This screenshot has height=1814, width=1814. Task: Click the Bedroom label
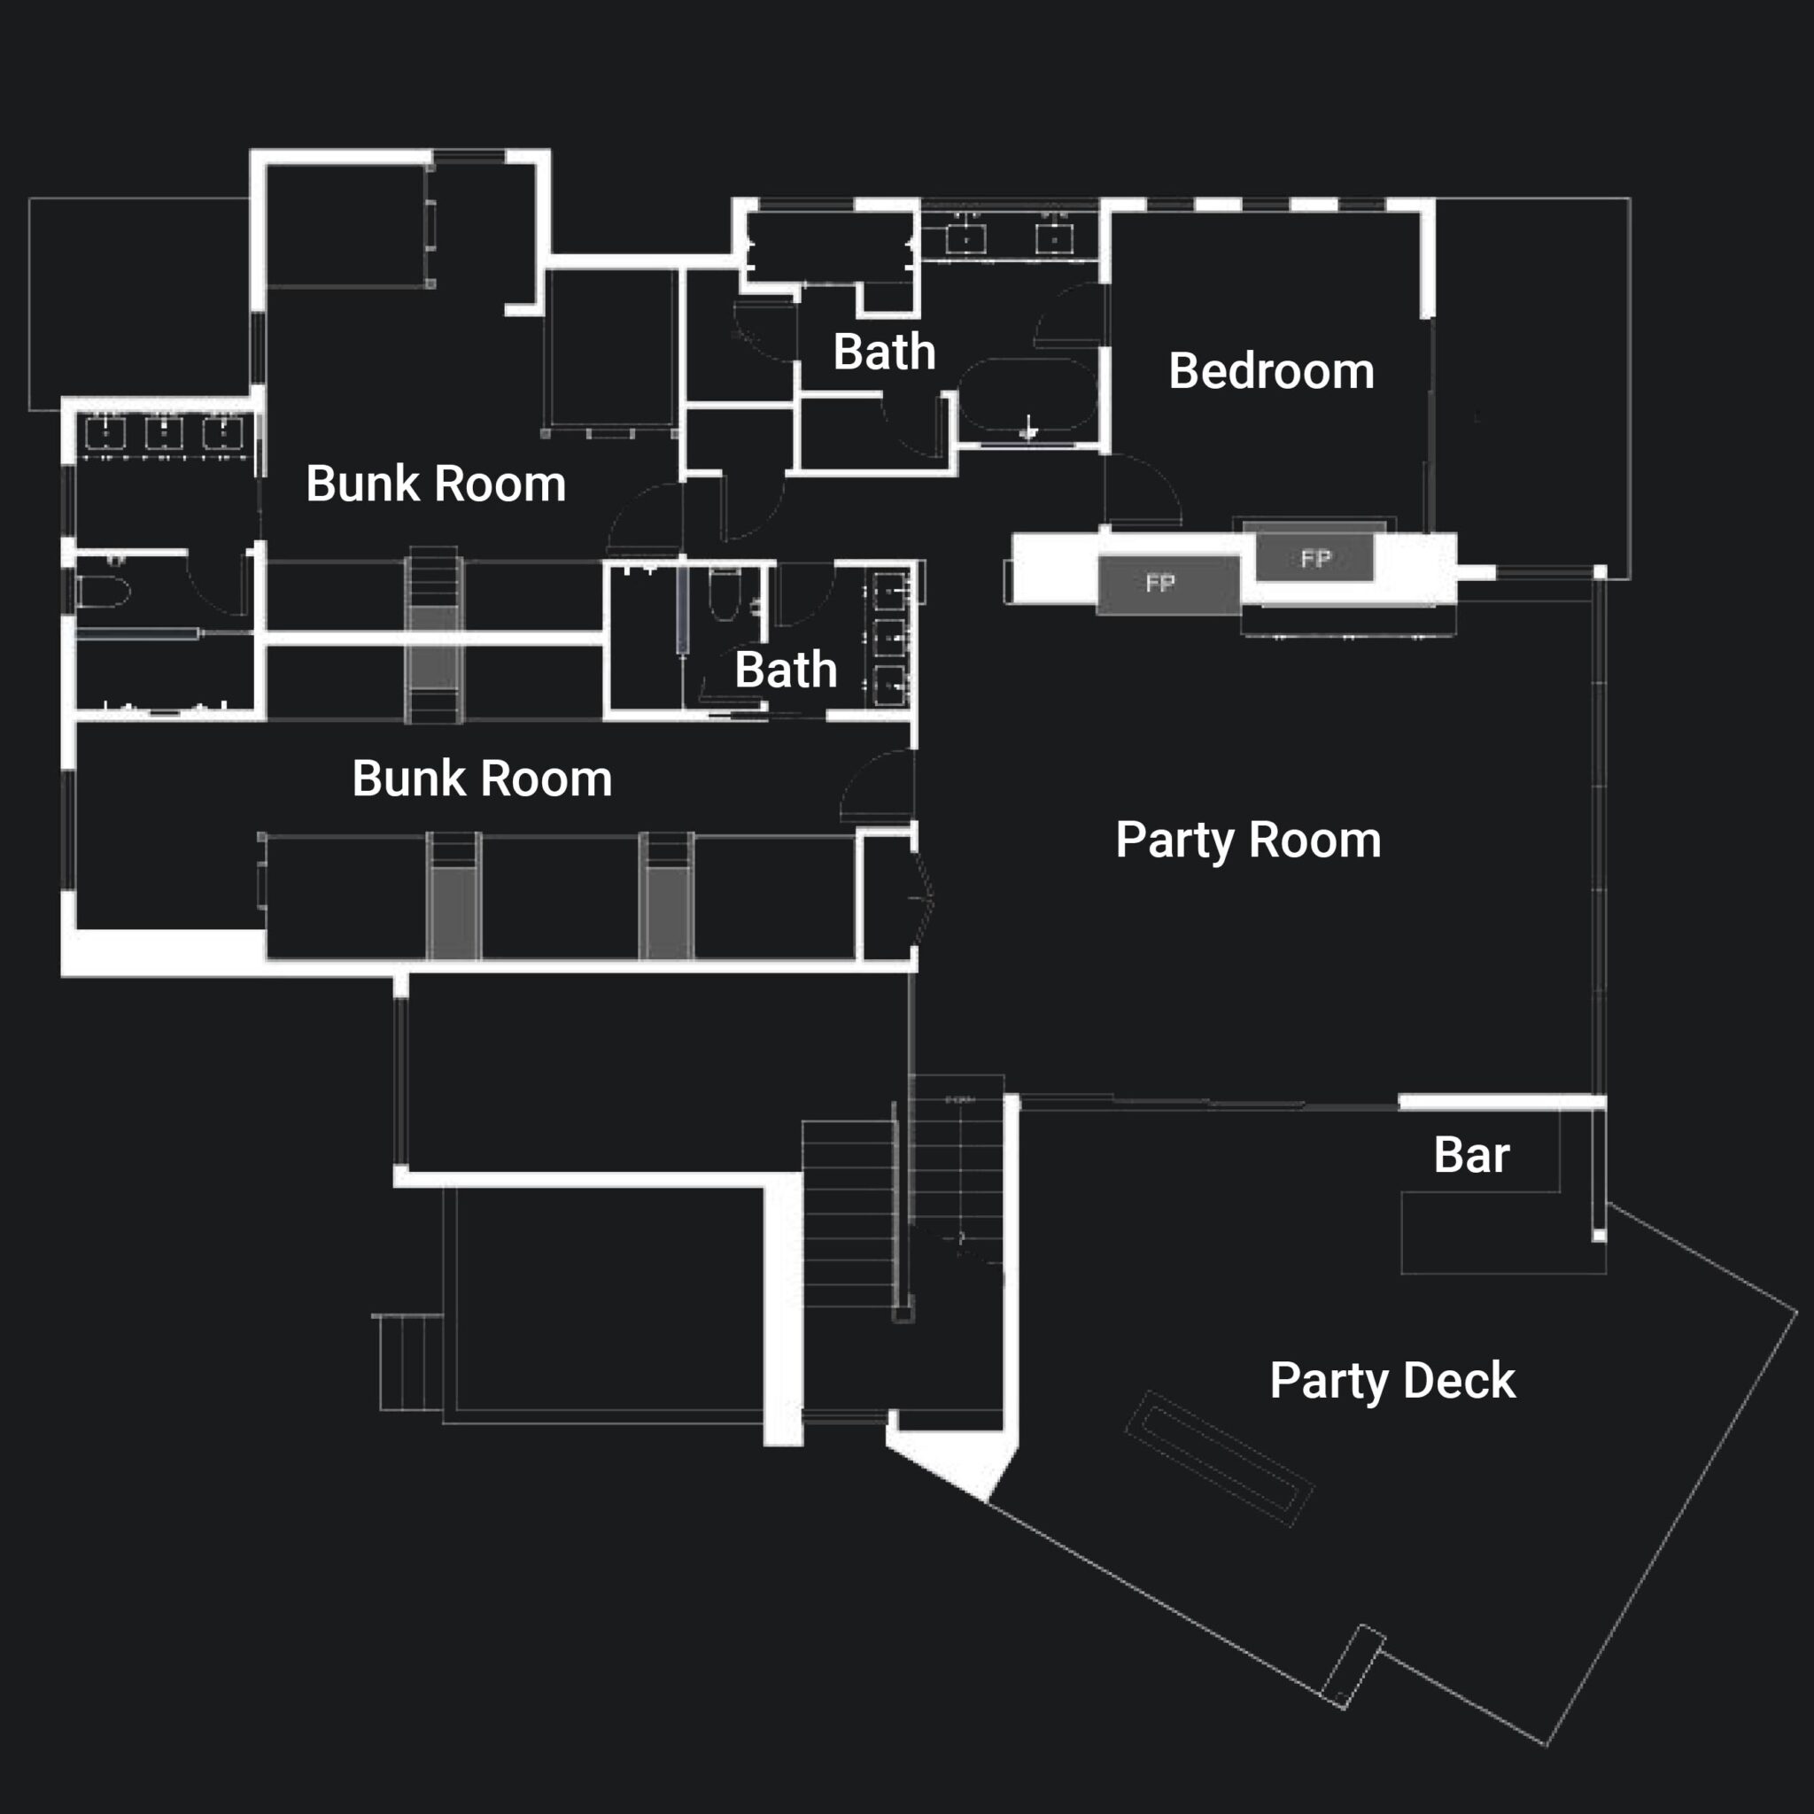pos(1271,371)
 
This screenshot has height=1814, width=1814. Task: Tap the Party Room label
pos(1248,840)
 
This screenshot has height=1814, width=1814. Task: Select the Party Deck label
pos(1392,1380)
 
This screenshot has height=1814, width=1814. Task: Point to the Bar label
pos(1471,1155)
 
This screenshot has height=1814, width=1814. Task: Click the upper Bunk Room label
pos(436,484)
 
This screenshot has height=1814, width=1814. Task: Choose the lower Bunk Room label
pos(482,779)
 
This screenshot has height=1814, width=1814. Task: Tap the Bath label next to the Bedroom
pos(885,353)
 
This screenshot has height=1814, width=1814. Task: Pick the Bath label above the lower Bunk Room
pos(786,670)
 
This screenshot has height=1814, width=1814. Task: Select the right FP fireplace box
pos(1314,559)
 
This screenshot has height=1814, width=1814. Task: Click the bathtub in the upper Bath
pos(1028,394)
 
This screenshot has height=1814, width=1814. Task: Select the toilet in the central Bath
pos(724,593)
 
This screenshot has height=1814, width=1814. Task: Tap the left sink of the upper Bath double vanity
pos(965,239)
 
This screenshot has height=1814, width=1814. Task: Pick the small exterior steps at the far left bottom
pos(410,1362)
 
